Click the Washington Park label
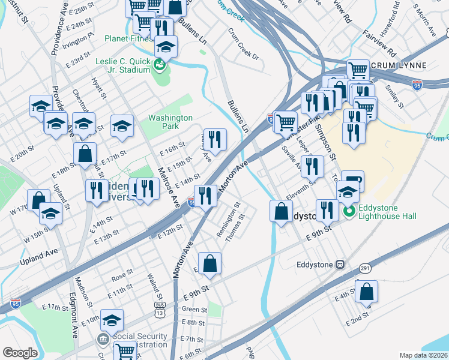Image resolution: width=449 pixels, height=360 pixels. click(170, 122)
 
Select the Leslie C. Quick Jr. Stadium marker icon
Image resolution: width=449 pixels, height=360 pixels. click(160, 65)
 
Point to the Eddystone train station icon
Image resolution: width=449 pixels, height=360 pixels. click(340, 263)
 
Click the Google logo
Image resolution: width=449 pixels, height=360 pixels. click(20, 353)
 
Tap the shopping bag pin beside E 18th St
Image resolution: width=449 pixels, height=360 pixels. click(85, 153)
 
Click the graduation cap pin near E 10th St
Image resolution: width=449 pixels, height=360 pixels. click(112, 320)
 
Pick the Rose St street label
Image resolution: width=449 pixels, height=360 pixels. click(121, 275)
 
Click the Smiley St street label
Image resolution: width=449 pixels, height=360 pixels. click(394, 94)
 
